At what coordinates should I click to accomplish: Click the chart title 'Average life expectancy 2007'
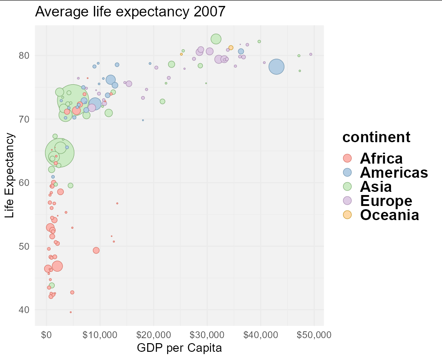[130, 12]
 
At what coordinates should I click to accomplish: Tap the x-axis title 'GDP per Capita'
[179, 349]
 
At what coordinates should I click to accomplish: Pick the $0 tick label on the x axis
[46, 335]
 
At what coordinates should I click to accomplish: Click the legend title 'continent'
[376, 137]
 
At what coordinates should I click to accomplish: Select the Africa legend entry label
[381, 159]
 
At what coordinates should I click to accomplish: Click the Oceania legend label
[389, 215]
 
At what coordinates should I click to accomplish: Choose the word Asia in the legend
[375, 186]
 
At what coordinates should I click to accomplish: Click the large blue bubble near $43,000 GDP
[277, 67]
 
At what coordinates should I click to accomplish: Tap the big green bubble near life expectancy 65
[60, 154]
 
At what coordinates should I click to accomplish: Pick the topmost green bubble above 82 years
[216, 39]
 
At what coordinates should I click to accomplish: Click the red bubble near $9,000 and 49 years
[96, 250]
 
